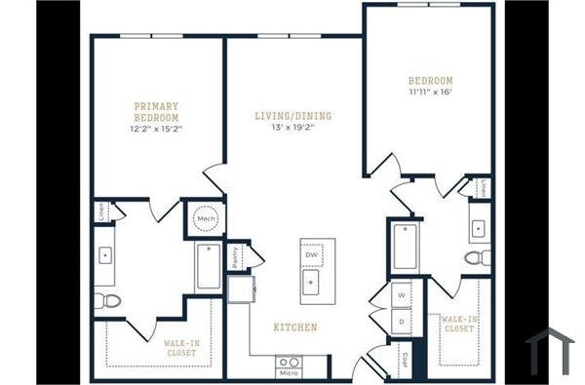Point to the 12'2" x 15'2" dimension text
tap(156, 129)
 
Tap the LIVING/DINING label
tap(293, 116)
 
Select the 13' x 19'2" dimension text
tap(293, 129)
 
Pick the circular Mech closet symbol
tap(206, 219)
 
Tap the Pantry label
tap(236, 256)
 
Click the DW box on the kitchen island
tap(312, 255)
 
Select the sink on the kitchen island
tap(312, 283)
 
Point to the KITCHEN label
tap(293, 327)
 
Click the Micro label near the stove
tap(288, 372)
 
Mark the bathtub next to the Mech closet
tap(208, 266)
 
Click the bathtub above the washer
tap(405, 247)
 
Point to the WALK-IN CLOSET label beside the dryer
tap(457, 324)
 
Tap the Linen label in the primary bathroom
tap(102, 212)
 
